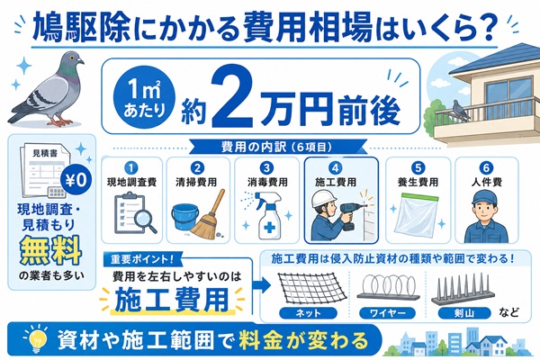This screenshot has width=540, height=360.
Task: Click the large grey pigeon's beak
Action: (x=81, y=61)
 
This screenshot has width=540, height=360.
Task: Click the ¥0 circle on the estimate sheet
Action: (x=76, y=179)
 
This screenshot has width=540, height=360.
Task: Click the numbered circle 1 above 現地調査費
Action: (x=131, y=168)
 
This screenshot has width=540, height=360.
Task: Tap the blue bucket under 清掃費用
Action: (x=184, y=217)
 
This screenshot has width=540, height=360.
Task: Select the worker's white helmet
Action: (x=324, y=198)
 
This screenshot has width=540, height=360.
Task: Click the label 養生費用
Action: (x=418, y=182)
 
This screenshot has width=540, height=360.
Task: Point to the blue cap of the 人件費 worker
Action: (x=486, y=197)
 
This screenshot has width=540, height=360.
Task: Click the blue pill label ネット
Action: (x=308, y=313)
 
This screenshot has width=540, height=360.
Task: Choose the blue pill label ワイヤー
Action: (x=387, y=313)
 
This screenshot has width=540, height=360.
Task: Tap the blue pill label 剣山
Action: (x=463, y=313)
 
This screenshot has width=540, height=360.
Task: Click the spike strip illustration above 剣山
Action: (x=463, y=290)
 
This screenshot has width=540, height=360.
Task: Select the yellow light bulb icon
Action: (x=35, y=339)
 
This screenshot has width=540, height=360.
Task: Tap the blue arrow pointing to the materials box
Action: (x=261, y=285)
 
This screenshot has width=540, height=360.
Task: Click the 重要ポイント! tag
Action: (x=142, y=259)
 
